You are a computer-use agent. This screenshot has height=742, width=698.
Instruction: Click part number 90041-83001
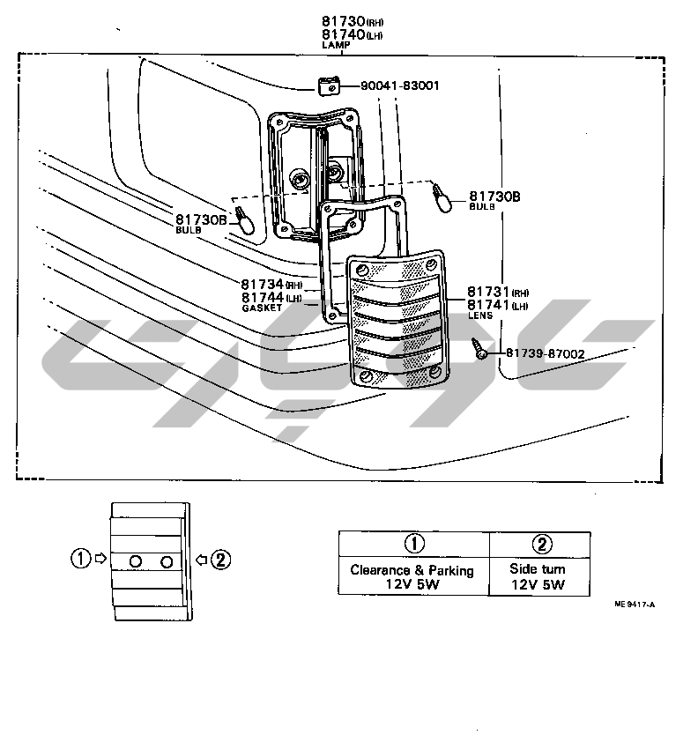(x=400, y=85)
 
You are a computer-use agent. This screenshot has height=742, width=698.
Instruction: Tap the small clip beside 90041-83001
(x=329, y=86)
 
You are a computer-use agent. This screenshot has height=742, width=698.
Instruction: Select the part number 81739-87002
(x=546, y=353)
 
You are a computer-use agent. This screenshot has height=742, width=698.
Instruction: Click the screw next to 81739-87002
(x=479, y=349)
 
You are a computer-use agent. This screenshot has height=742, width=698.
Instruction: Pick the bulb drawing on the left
(x=245, y=221)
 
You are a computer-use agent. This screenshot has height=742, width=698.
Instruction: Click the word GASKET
(x=262, y=308)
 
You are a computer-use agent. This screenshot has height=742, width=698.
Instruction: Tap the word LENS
(x=479, y=315)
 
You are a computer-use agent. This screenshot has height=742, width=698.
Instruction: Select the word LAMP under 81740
(x=336, y=45)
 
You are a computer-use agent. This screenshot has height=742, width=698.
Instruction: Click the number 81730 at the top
(x=344, y=21)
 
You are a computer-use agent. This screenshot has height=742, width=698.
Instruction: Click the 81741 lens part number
(x=488, y=305)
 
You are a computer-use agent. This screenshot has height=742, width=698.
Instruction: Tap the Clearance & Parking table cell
(x=413, y=576)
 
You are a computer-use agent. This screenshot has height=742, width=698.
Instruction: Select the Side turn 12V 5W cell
(x=539, y=576)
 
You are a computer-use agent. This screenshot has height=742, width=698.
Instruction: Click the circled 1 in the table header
(x=414, y=544)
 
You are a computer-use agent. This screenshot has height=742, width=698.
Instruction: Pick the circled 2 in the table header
(x=542, y=545)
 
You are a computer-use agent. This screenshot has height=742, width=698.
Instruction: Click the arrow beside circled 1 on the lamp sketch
(x=100, y=559)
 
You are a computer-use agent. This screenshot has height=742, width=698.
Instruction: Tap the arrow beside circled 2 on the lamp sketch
(x=202, y=560)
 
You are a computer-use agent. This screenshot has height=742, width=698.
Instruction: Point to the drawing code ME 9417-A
(x=635, y=605)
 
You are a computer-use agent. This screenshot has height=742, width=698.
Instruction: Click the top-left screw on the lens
(x=362, y=271)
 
